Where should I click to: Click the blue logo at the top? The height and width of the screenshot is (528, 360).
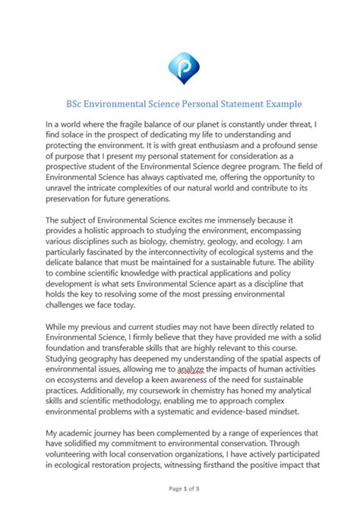(x=180, y=66)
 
